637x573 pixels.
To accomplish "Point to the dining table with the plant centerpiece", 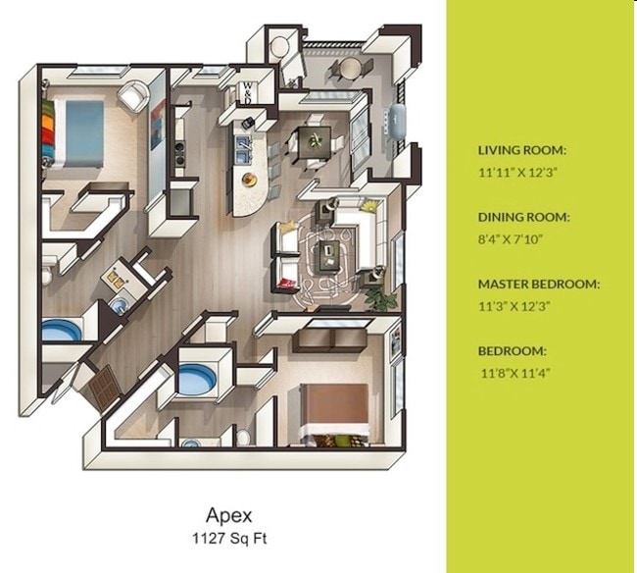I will [315, 140].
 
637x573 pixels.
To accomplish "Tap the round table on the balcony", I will [347, 68].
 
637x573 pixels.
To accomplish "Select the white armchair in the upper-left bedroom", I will [134, 95].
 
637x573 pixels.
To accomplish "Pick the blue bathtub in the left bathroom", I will [62, 331].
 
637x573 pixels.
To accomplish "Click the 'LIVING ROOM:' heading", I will [521, 150].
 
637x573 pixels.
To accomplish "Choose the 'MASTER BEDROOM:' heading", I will [538, 284].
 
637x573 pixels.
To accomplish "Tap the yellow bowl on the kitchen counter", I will [249, 180].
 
